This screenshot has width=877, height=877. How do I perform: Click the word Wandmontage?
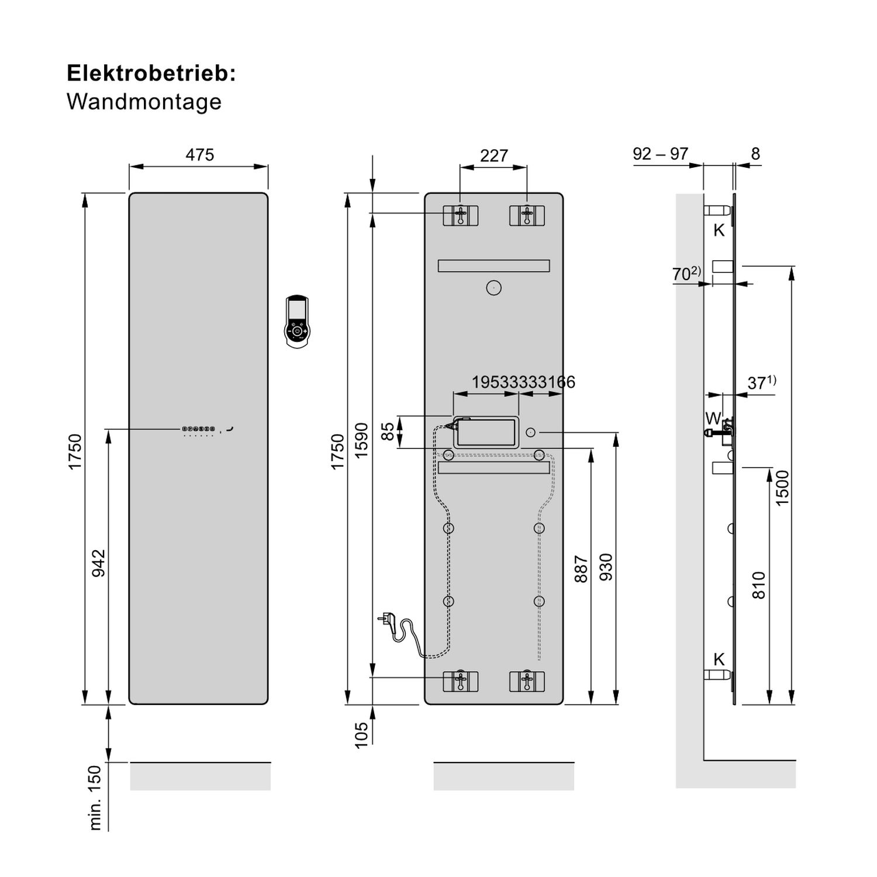[144, 102]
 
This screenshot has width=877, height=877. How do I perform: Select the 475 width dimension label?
[199, 155]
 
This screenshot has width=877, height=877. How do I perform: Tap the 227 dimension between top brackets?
[493, 156]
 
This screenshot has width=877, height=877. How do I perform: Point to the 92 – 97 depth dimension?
[660, 154]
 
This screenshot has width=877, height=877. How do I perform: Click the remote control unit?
[297, 323]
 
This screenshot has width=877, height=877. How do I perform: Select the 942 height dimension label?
[99, 563]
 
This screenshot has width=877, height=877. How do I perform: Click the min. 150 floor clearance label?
[95, 797]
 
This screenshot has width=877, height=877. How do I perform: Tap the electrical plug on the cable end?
[388, 617]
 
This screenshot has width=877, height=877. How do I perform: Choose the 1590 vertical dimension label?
[362, 440]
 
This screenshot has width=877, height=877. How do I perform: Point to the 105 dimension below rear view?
[362, 735]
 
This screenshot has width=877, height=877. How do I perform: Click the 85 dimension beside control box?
[388, 431]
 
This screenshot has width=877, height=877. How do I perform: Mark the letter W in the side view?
[713, 419]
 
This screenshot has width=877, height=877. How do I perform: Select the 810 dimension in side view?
[758, 585]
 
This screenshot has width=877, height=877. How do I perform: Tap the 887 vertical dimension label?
[581, 568]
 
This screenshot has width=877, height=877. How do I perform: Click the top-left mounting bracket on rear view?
[461, 215]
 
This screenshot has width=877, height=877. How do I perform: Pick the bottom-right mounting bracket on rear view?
[527, 681]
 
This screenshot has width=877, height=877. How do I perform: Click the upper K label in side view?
[719, 230]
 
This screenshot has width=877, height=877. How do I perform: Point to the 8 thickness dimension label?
[755, 154]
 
